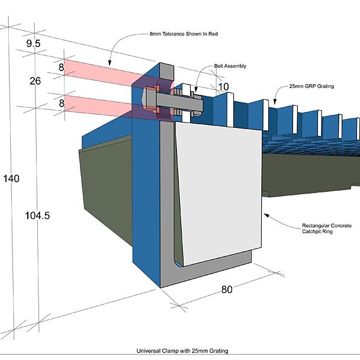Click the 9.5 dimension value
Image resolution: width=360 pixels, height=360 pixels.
pyautogui.click(x=33, y=43)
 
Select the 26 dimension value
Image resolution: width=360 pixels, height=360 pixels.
pyautogui.click(x=35, y=81)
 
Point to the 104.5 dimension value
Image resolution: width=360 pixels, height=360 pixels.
pyautogui.click(x=37, y=216)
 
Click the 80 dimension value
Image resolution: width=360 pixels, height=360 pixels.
pyautogui.click(x=227, y=290)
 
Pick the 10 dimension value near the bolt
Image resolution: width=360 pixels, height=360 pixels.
pyautogui.click(x=223, y=87)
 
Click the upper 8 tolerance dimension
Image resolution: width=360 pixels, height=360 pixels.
pyautogui.click(x=61, y=68)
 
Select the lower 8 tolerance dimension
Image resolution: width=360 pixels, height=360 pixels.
pyautogui.click(x=61, y=103)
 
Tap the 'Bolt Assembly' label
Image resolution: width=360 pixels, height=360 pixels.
pyautogui.click(x=230, y=66)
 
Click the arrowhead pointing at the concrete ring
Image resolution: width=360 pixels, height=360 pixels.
pyautogui.click(x=265, y=214)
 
